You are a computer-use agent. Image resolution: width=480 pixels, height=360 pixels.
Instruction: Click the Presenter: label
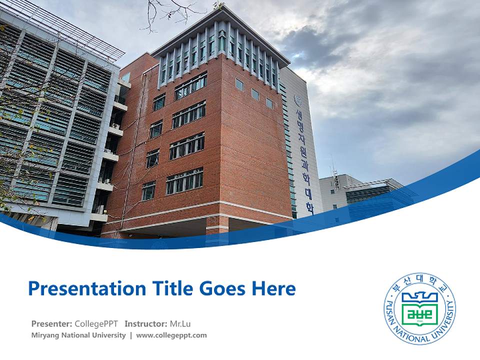click(51, 323)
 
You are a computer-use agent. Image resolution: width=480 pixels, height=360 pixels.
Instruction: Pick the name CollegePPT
click(96, 323)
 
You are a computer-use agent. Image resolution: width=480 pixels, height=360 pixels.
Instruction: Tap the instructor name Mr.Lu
click(180, 323)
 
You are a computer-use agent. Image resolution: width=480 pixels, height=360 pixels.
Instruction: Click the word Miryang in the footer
click(45, 335)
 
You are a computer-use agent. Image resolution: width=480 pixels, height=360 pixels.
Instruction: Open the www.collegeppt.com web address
click(171, 335)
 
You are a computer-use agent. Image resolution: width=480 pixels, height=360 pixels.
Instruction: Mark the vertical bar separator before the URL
click(131, 335)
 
